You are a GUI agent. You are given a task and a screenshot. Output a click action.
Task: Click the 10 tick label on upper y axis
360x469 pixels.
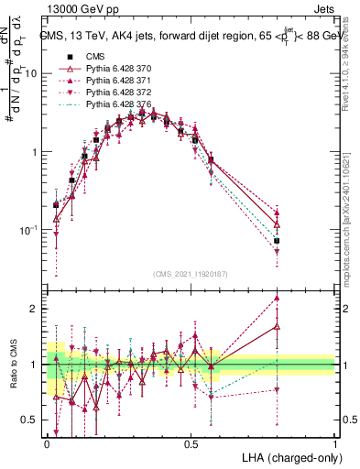coord(32,73)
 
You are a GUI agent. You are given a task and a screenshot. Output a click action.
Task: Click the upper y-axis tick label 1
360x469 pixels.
coord(36,152)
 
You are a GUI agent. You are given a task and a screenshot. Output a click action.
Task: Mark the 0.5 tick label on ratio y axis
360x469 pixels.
coord(30,420)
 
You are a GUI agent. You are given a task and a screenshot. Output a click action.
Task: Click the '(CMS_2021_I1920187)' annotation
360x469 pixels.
coord(191,272)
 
